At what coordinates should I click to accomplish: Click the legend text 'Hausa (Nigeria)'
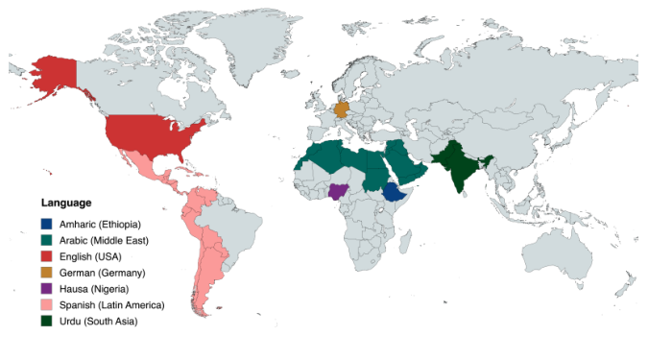tap(93, 289)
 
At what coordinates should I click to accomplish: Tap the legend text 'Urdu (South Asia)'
tap(98, 321)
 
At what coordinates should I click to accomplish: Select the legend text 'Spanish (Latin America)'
tap(111, 304)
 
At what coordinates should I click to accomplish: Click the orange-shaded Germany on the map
tap(341, 108)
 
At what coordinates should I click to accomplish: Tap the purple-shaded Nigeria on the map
tap(339, 190)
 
